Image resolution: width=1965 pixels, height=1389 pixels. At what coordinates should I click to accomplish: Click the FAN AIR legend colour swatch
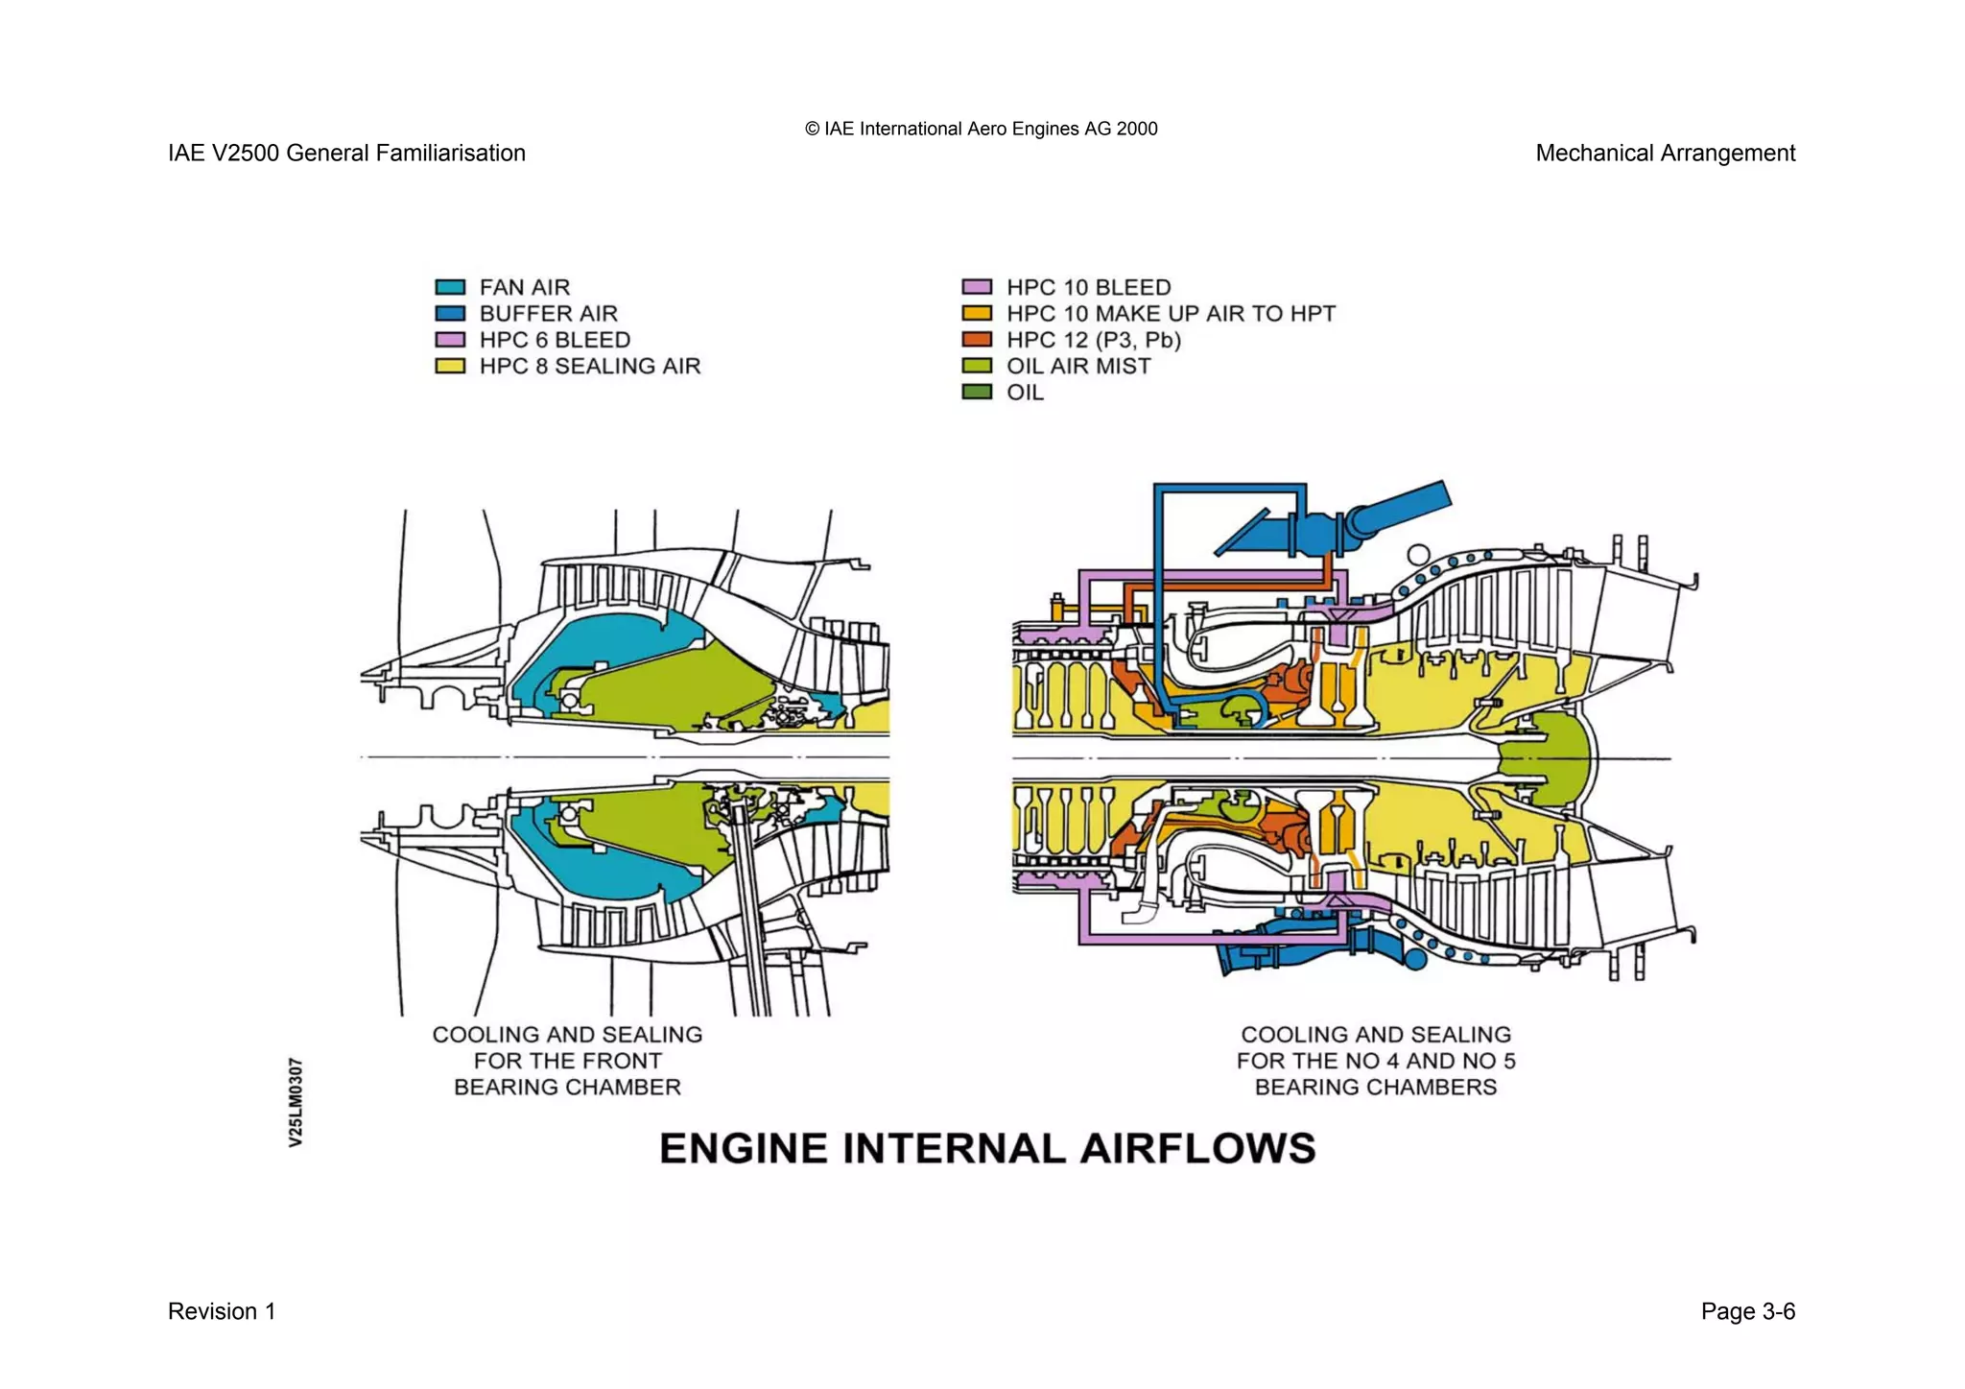(450, 287)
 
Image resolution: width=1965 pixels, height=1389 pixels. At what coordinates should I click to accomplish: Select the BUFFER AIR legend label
(548, 314)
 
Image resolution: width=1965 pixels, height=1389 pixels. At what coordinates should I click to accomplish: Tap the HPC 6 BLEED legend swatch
(450, 340)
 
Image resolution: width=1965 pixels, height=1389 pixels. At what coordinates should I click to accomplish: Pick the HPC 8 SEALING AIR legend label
(589, 366)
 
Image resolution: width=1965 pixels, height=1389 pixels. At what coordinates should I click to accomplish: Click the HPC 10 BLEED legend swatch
(976, 287)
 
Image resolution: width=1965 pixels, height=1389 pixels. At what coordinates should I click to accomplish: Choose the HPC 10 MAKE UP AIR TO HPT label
(1170, 314)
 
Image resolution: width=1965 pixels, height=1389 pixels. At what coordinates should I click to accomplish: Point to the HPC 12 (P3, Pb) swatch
(976, 340)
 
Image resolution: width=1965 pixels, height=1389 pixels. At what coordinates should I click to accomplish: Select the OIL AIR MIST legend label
(1077, 366)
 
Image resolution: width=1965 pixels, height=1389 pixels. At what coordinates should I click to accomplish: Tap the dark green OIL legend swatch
(976, 392)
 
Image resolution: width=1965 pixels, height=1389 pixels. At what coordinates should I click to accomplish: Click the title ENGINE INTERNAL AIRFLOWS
(987, 1149)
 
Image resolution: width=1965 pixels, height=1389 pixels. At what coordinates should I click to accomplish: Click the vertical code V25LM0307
(296, 1102)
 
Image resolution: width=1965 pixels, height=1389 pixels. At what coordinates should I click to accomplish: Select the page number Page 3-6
(1747, 1311)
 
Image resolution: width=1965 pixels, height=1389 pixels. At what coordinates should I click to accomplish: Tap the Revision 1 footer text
(222, 1311)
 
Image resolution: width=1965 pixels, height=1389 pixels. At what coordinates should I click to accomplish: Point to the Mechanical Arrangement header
(1665, 154)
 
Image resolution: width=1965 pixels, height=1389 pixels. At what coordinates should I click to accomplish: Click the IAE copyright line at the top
(981, 129)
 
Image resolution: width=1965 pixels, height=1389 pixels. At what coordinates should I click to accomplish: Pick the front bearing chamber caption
(567, 1061)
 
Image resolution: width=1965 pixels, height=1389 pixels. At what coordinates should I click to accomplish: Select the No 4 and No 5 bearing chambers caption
(1375, 1061)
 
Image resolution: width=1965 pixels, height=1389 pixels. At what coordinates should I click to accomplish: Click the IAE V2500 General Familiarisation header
(346, 154)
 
